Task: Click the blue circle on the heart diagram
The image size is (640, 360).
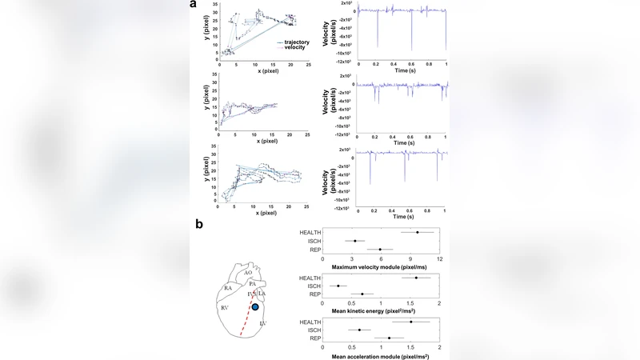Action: [x=254, y=306]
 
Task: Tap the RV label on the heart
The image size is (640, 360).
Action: [x=226, y=307]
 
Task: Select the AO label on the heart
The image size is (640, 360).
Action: [x=249, y=273]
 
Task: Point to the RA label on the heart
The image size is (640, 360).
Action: [x=228, y=286]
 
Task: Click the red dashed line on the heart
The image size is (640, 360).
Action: [x=249, y=320]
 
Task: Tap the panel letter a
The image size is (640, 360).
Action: [x=193, y=5]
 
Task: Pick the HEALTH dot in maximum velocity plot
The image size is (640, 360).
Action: [x=417, y=232]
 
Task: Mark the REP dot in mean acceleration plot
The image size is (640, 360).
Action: [x=389, y=338]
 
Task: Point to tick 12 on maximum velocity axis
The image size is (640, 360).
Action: [x=439, y=258]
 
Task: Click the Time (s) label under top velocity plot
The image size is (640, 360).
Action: [x=402, y=71]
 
